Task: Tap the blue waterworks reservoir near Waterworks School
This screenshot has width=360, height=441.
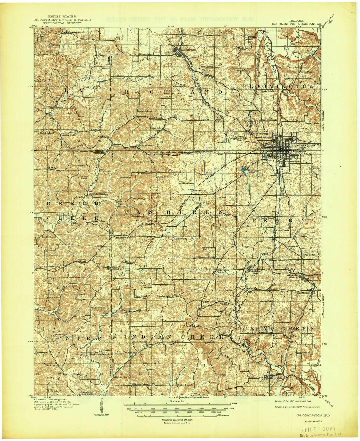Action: pyautogui.click(x=244, y=170)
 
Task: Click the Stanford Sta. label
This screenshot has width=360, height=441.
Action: pyautogui.click(x=123, y=238)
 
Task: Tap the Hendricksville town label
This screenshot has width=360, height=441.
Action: pyautogui.click(x=98, y=194)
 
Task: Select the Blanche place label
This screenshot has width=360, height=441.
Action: pyautogui.click(x=162, y=177)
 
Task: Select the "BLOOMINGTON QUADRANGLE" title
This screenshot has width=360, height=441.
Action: pyautogui.click(x=296, y=24)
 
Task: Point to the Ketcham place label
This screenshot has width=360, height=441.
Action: pyautogui.click(x=252, y=288)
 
